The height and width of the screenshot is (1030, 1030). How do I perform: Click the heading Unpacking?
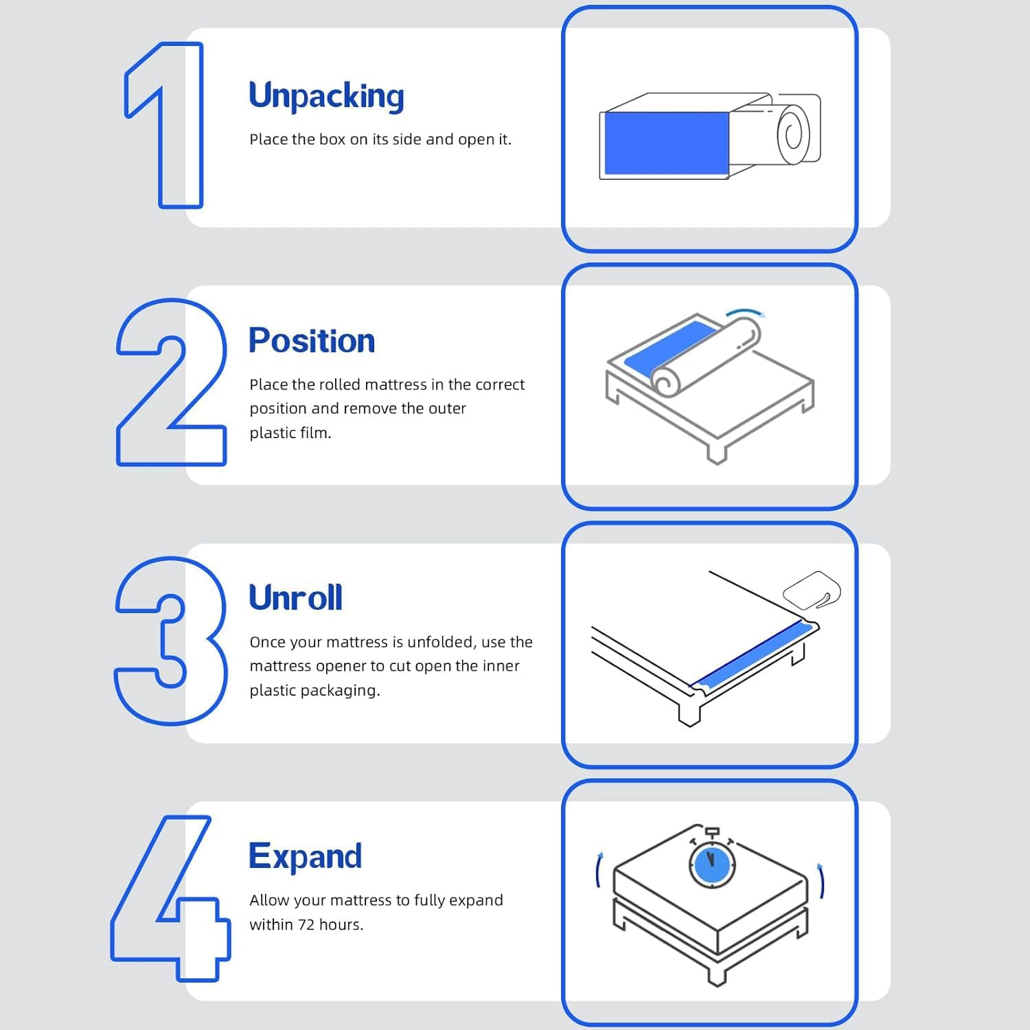pyautogui.click(x=326, y=96)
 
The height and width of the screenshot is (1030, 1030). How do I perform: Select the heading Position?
pyautogui.click(x=312, y=341)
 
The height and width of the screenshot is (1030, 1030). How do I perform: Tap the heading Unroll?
pyautogui.click(x=295, y=597)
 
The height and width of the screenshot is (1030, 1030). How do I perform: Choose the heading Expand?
pyautogui.click(x=305, y=856)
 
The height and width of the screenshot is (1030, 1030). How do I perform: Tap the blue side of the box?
pyautogui.click(x=666, y=143)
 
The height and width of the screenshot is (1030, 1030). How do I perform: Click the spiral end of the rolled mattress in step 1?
pyautogui.click(x=793, y=133)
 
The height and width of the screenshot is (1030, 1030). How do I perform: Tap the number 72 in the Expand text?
pyautogui.click(x=306, y=924)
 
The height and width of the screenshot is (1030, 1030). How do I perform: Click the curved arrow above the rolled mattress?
pyautogui.click(x=745, y=312)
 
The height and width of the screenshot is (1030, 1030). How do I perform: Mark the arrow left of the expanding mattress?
pyautogui.click(x=598, y=869)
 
